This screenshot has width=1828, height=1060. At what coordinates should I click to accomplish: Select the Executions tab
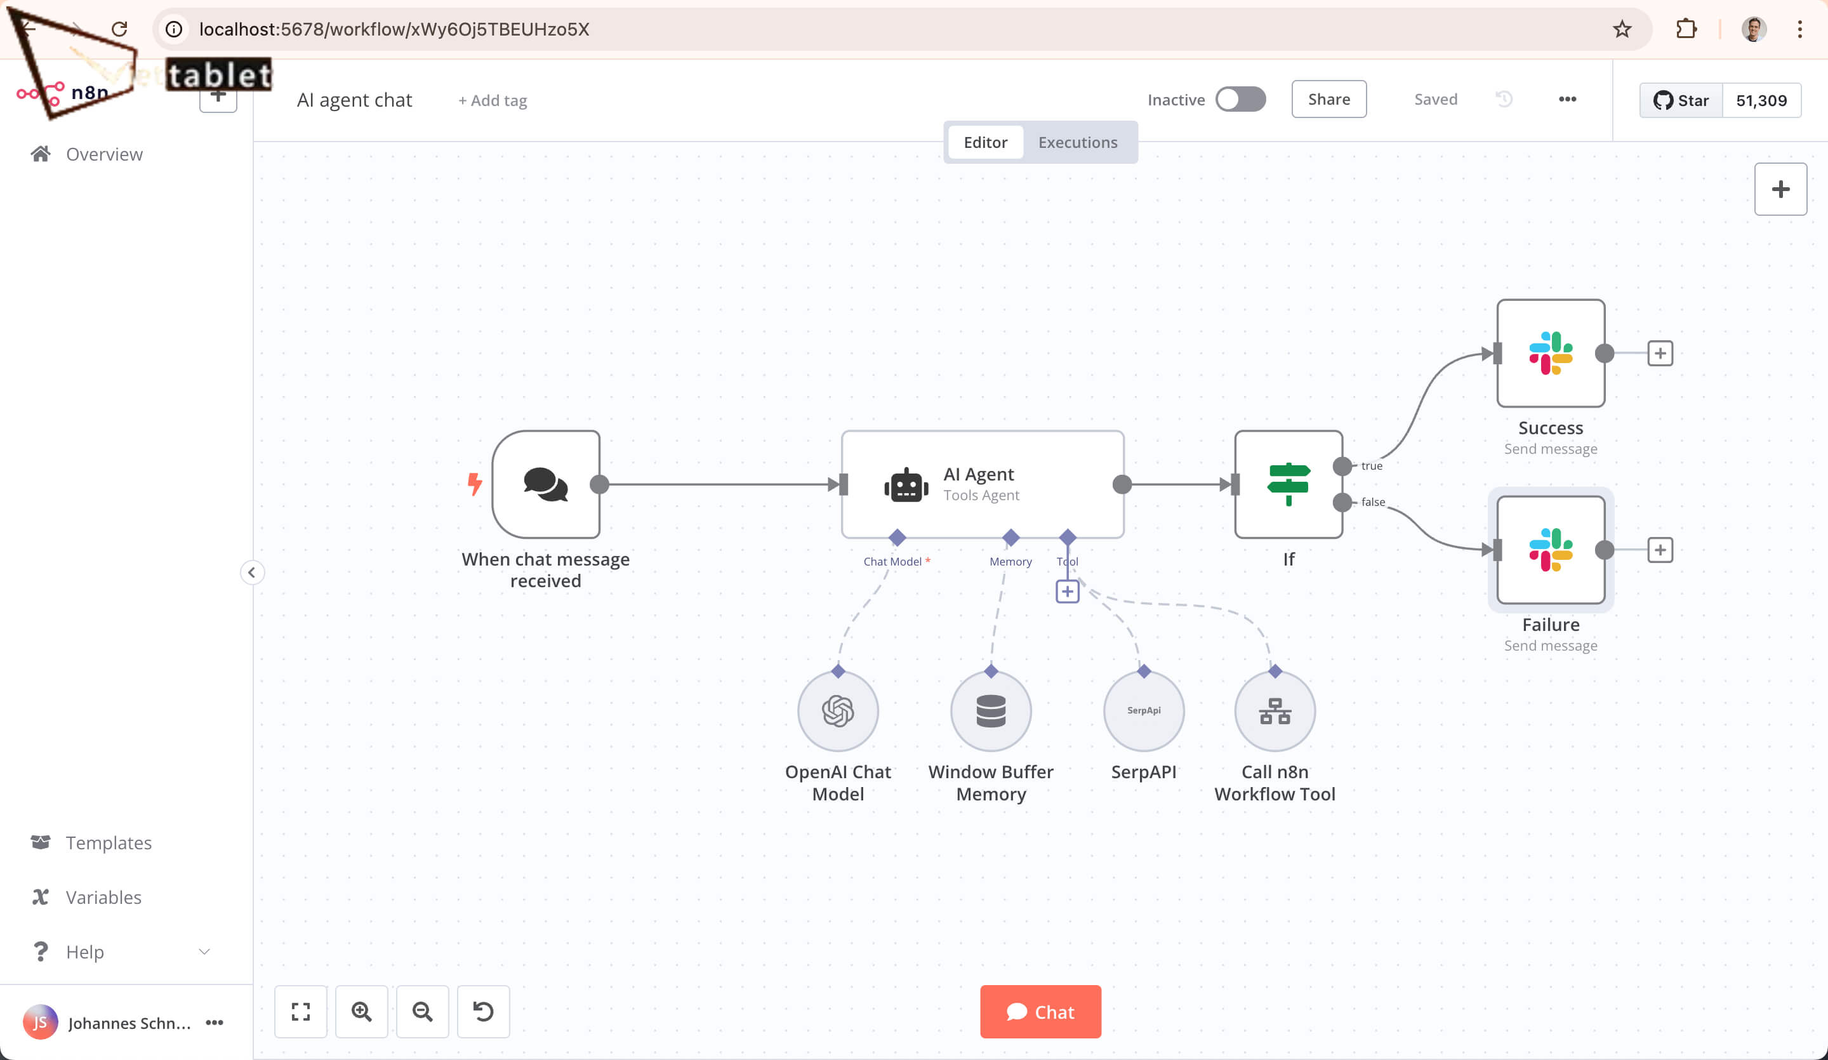1077,142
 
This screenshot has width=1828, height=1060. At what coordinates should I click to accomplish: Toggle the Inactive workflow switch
1240,100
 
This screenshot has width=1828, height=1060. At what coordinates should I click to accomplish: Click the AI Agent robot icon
906,485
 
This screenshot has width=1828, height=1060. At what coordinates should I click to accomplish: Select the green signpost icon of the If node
1288,484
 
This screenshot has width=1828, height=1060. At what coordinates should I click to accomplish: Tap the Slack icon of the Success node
1551,354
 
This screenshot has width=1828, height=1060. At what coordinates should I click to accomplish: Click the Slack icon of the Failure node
1551,550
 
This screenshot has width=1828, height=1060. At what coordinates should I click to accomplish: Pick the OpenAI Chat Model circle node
838,711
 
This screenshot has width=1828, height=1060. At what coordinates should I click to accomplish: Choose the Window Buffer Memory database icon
991,711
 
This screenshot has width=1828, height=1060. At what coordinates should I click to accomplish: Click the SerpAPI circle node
1144,711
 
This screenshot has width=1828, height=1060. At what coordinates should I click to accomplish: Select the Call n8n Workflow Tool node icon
1275,711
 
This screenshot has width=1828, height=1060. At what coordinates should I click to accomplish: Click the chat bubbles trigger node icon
545,485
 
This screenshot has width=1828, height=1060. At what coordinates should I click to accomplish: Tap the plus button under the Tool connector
1067,592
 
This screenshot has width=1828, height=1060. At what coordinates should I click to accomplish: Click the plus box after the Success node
1660,354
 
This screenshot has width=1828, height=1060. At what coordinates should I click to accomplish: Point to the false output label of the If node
1372,502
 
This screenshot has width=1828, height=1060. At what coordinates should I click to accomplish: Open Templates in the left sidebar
108,842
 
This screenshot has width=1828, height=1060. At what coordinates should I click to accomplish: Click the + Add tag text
493,100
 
